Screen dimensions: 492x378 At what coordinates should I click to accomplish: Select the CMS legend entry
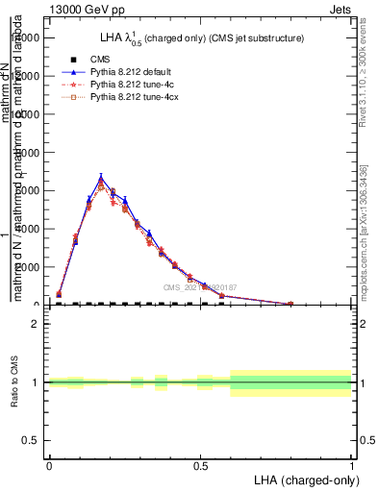pyautogui.click(x=101, y=60)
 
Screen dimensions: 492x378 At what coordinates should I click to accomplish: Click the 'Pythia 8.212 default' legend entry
pyautogui.click(x=134, y=72)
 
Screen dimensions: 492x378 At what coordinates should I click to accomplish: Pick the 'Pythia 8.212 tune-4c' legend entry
pyautogui.click(x=134, y=85)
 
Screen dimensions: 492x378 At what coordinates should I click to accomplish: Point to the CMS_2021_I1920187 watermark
pyautogui.click(x=200, y=287)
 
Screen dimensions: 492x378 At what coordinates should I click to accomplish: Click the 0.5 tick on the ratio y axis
pyautogui.click(x=33, y=440)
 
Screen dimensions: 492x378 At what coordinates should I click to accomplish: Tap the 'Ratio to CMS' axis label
pyautogui.click(x=15, y=382)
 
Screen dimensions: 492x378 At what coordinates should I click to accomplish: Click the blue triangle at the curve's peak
pyautogui.click(x=101, y=177)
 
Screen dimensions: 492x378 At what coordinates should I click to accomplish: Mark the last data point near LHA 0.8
pyautogui.click(x=290, y=304)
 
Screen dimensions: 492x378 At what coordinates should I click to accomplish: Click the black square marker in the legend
pyautogui.click(x=73, y=60)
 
